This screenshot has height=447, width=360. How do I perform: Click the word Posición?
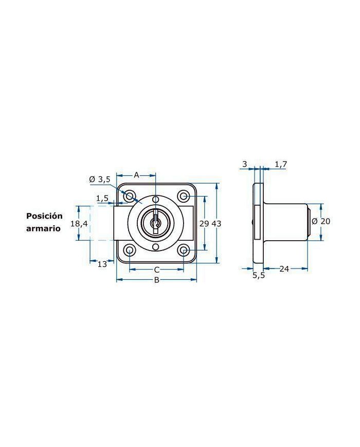pyautogui.click(x=44, y=216)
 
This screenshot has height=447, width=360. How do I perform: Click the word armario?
pyautogui.click(x=43, y=228)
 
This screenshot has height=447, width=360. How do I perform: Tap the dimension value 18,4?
pyautogui.click(x=79, y=224)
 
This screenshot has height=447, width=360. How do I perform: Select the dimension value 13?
pyautogui.click(x=102, y=264)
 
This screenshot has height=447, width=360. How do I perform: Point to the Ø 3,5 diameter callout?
pyautogui.click(x=99, y=180)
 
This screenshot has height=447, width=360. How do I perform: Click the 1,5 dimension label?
pyautogui.click(x=102, y=198)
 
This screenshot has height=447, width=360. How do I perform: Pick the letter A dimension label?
pyautogui.click(x=136, y=175)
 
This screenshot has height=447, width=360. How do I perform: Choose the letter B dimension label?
pyautogui.click(x=156, y=280)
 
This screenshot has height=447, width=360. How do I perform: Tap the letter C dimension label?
pyautogui.click(x=157, y=270)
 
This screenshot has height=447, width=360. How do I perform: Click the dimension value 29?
pyautogui.click(x=204, y=223)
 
